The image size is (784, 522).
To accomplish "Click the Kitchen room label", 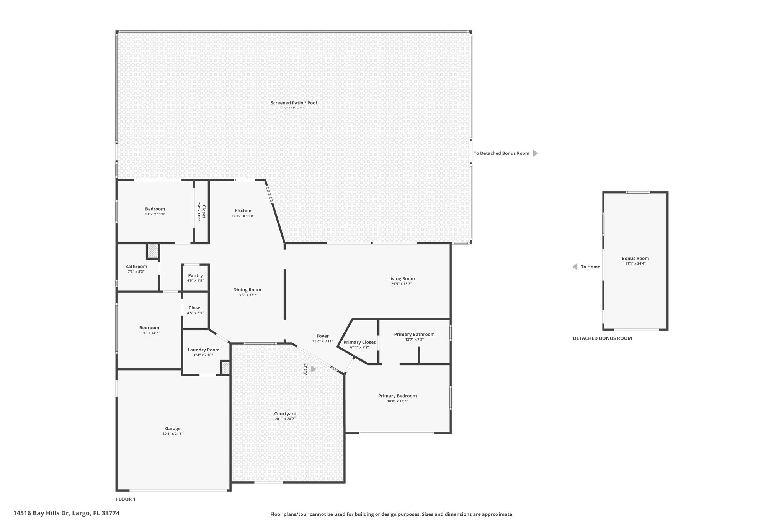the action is (x=243, y=211).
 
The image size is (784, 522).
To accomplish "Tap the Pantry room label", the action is (x=195, y=276).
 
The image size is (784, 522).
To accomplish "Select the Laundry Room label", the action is (x=203, y=350).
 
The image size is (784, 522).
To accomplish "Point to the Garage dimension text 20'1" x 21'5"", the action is (x=173, y=434).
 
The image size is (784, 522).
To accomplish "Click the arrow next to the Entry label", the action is (x=314, y=369).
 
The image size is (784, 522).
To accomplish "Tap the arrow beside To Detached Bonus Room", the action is (x=536, y=153).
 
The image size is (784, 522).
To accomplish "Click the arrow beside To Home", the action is (x=575, y=267).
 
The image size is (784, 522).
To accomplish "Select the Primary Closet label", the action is (x=359, y=342).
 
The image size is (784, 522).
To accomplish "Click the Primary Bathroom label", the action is (x=414, y=335).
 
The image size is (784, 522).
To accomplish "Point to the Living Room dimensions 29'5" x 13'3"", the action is (x=401, y=284).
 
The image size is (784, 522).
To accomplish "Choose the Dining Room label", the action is (x=247, y=290).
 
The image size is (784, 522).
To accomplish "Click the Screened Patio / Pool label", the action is (x=294, y=103).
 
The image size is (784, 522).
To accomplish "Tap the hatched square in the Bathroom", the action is (x=153, y=251).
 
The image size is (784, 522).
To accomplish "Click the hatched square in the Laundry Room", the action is (x=225, y=368).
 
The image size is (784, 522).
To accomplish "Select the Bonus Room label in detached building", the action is (x=635, y=258).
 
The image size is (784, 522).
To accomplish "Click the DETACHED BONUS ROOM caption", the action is (x=602, y=338).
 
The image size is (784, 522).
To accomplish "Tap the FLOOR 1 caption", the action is (x=126, y=499).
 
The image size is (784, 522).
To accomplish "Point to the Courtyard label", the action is (x=285, y=414).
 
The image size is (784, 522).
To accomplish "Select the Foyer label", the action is (x=323, y=336).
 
